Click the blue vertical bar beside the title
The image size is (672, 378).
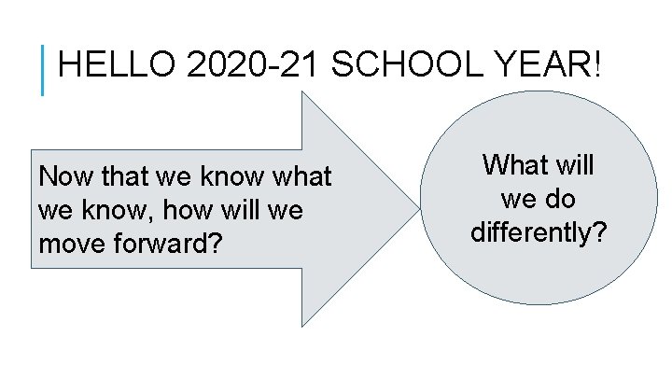(43, 71)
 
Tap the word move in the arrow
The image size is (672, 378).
(73, 245)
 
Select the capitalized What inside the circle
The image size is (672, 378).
(514, 167)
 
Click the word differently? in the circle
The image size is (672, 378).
(539, 231)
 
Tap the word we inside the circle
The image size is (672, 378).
(518, 199)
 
